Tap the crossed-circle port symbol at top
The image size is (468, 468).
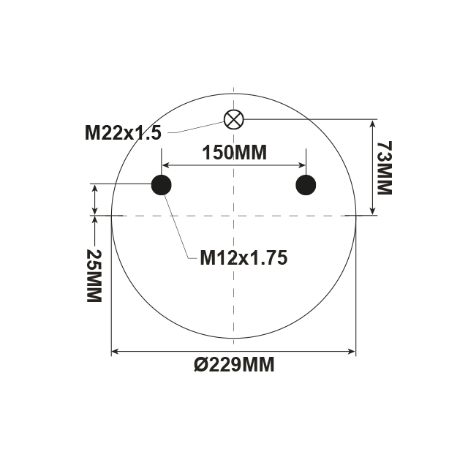(233, 119)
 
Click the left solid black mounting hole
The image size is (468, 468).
(161, 185)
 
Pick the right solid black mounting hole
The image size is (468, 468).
(306, 185)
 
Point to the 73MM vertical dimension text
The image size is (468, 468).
(384, 167)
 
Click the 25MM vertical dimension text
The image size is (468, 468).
(94, 276)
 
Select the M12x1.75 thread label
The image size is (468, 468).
(244, 257)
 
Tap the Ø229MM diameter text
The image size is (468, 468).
(233, 365)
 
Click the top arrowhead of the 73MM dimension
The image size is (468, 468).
(374, 124)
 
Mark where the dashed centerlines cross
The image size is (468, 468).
(233, 216)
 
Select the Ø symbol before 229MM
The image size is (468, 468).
(201, 365)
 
